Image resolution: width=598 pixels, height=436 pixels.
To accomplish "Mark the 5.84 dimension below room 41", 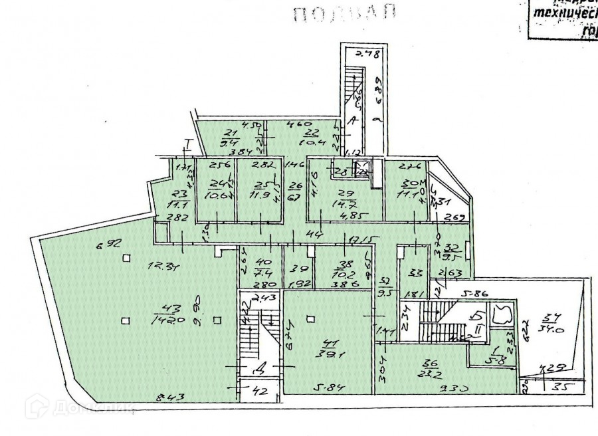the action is (x=327, y=387).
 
